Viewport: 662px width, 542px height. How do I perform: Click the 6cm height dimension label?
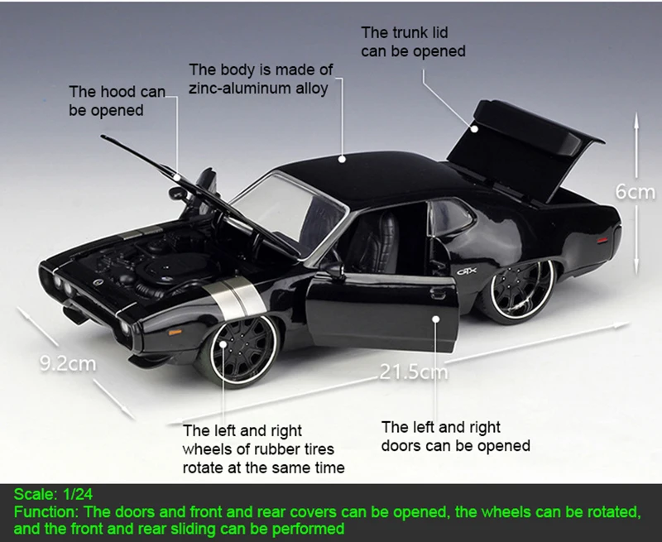635,192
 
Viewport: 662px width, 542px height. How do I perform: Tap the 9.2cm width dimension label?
68,362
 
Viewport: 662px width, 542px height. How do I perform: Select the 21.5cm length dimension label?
414,372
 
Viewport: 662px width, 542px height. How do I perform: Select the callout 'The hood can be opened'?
117,101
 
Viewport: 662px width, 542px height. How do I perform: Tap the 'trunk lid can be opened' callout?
412,42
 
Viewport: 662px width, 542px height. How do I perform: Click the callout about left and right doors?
455,436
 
